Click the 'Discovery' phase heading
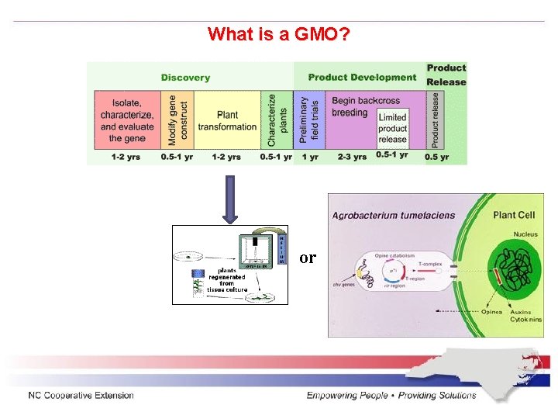185,78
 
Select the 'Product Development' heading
362,78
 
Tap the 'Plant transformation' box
227,121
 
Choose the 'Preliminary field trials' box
309,120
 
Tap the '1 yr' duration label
309,157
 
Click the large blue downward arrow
229,199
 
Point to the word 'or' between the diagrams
308,258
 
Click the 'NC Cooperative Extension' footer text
81,396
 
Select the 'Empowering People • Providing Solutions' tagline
391,396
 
